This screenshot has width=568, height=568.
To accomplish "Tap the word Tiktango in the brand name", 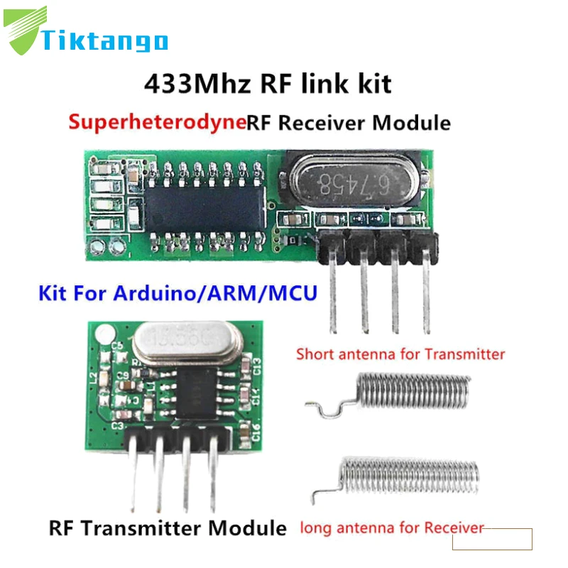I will (105, 40).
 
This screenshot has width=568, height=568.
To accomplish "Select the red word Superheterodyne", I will (157, 122).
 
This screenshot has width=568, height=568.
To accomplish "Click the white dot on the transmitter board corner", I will (104, 331).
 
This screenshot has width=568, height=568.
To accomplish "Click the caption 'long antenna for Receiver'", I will (391, 528).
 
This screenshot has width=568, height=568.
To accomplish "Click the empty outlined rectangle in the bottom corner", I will (492, 539).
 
